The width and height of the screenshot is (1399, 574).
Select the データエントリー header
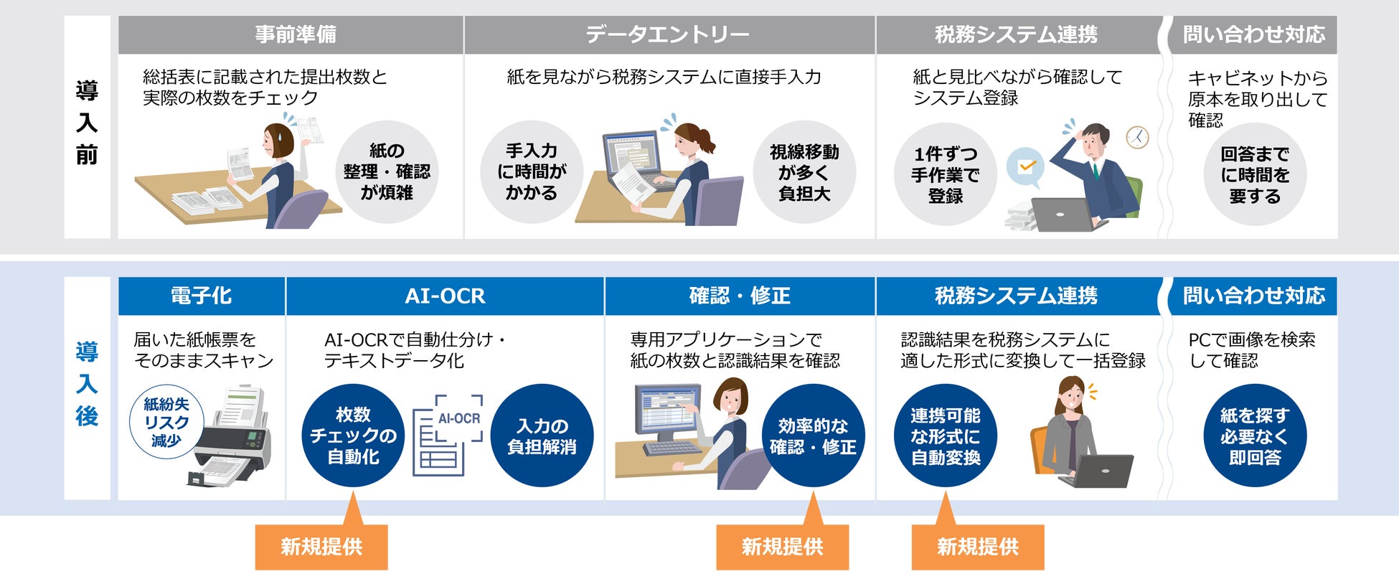668,34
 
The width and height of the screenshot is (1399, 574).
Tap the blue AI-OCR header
445,296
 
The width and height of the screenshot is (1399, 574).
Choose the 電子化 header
201,296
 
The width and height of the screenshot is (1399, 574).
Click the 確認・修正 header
740,296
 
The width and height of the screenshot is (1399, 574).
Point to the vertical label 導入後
87,385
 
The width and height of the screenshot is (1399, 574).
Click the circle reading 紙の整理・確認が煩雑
387,172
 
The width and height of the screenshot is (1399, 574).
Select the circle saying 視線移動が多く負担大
804,172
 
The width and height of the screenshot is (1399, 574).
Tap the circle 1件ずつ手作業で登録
945,174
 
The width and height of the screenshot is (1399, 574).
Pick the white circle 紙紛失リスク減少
166,423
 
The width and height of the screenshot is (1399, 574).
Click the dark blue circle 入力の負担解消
542,436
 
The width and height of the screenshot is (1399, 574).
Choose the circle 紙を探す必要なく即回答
1255,436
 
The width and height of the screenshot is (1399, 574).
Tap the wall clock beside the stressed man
1137,137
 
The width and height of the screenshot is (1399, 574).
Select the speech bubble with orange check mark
1025,168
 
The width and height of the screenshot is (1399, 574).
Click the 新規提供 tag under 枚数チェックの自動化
321,547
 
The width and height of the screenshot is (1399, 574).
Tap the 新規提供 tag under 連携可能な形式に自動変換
977,547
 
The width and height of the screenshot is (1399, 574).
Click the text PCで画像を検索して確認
1251,349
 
